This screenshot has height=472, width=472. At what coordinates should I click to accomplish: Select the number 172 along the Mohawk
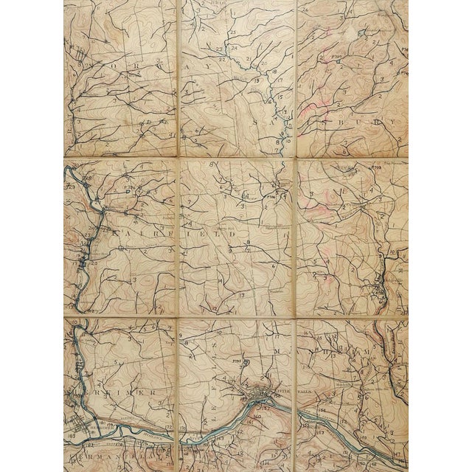point(169,428)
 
